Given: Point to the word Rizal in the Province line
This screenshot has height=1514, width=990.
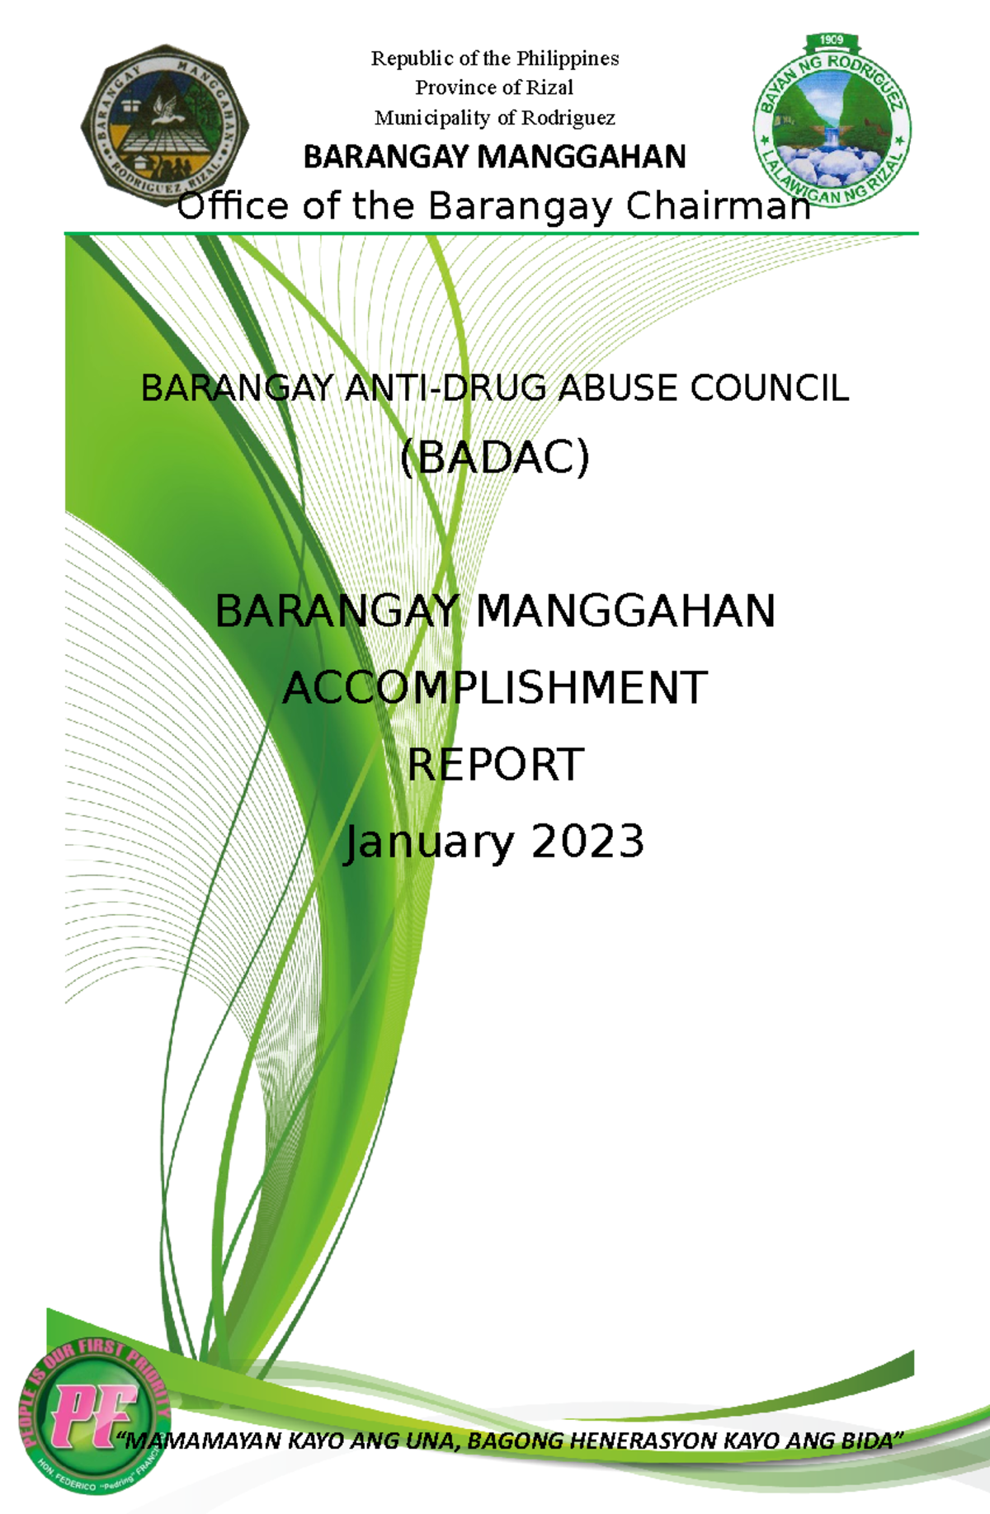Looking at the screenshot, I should coord(550,87).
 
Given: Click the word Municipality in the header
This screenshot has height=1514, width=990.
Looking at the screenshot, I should coord(432,118).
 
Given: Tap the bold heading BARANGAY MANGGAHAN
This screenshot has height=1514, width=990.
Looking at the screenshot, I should coord(494,157).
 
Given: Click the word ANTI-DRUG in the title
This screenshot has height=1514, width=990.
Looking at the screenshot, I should coord(446,388).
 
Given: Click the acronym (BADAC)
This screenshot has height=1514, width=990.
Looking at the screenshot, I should coord(495,457).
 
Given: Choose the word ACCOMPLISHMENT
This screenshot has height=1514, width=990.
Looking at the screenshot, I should coord(495,687).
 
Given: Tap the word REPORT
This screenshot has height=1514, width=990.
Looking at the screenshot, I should coord(495,765).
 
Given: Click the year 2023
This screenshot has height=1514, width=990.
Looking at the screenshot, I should coord(587,842).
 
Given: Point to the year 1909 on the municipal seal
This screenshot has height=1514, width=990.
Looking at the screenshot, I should coord(831,40).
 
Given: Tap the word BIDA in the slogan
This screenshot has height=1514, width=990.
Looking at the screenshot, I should coord(870,1441).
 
